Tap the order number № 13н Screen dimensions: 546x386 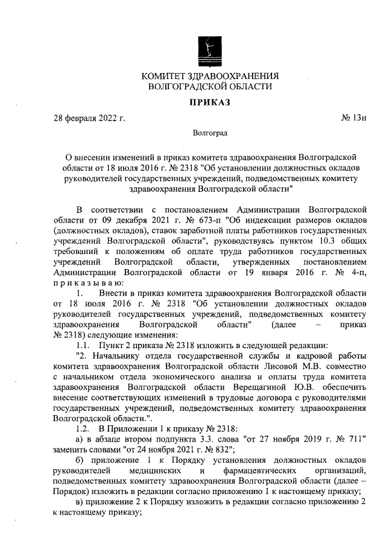[354, 118]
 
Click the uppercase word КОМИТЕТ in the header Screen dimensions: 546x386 [167, 77]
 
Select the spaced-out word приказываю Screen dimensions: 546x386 [87, 282]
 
